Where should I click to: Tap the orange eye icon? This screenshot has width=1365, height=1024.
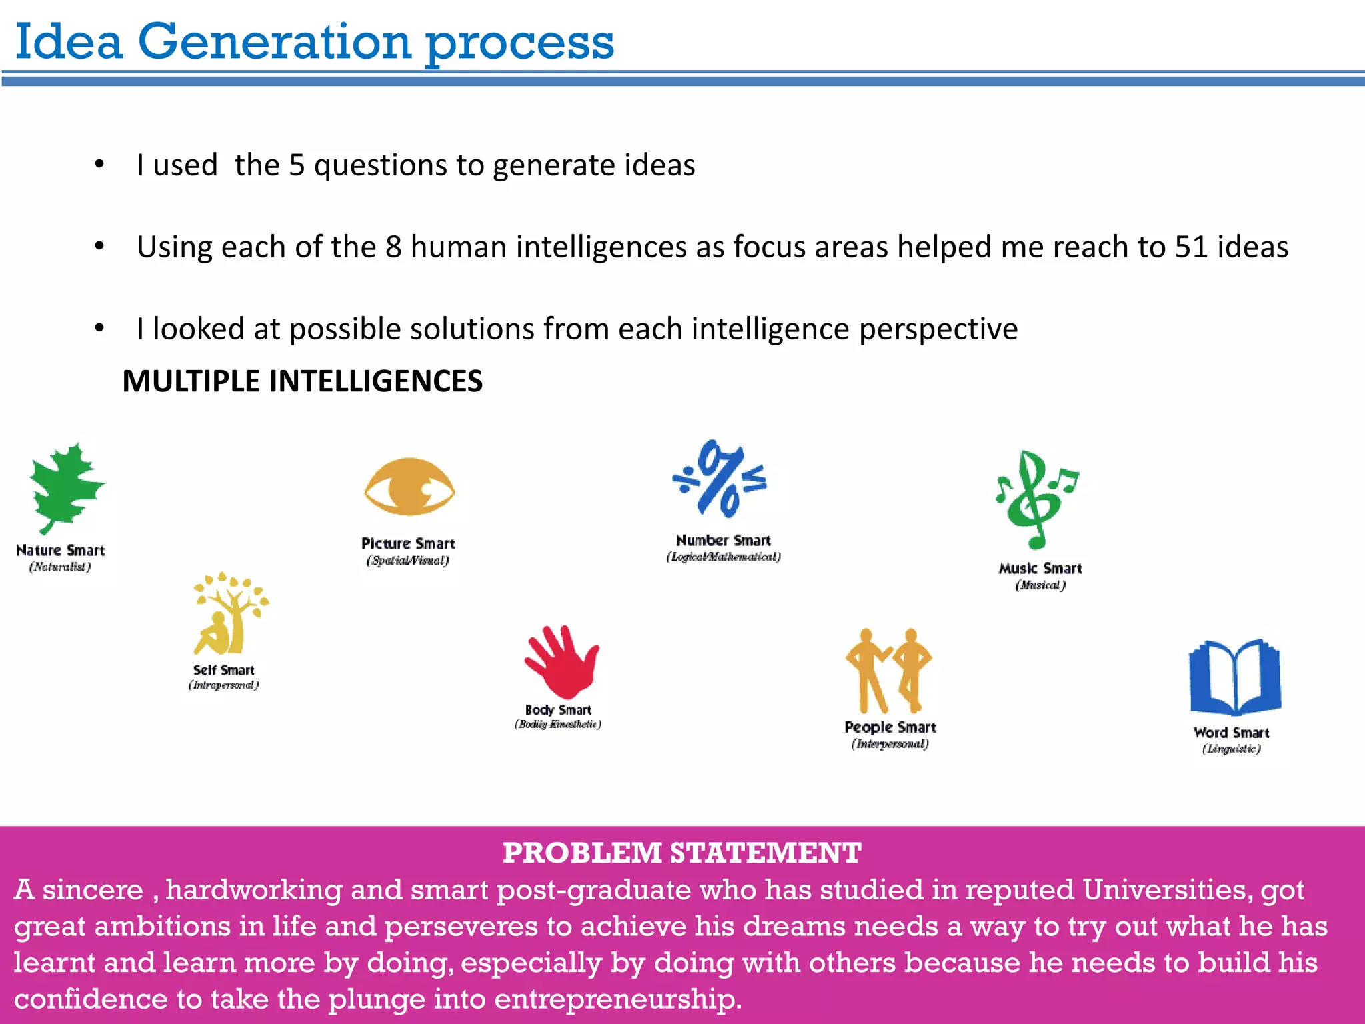(409, 487)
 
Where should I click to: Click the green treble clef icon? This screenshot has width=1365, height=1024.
(1035, 499)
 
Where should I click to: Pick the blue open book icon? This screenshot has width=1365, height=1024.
(1234, 677)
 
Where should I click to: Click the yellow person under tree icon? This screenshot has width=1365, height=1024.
(229, 614)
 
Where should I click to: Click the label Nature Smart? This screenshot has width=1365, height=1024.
(60, 551)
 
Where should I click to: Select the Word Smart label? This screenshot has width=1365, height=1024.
(1231, 733)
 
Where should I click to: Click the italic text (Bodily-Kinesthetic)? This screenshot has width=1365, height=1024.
(557, 725)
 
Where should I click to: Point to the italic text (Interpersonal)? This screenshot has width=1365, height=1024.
(890, 744)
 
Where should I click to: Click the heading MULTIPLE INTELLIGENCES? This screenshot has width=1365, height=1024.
(302, 381)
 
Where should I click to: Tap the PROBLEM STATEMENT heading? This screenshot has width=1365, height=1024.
(682, 853)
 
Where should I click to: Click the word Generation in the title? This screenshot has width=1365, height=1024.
(274, 42)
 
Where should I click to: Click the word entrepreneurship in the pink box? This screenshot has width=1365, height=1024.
(617, 999)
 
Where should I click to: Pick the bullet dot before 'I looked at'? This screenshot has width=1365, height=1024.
(99, 328)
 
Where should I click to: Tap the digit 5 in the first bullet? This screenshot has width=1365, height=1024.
(297, 165)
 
